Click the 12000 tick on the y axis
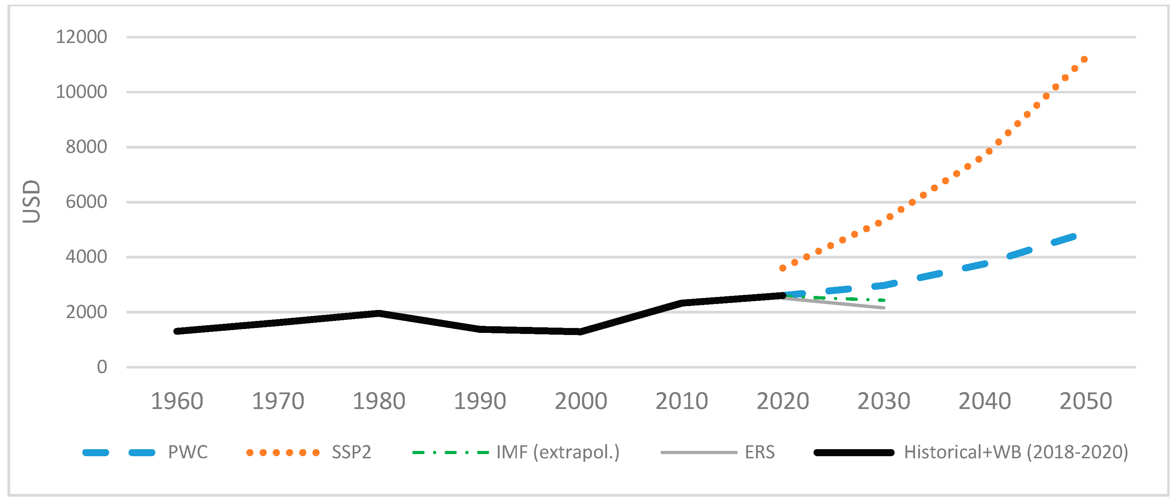(81, 37)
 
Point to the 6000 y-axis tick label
(86, 202)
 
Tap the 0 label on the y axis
(102, 367)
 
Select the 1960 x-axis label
(177, 402)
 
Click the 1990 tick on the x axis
(480, 402)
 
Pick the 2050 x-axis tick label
(1086, 402)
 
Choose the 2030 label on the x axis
(884, 402)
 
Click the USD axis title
(31, 202)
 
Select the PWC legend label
(188, 452)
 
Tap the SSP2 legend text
(351, 452)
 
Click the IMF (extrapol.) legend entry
(558, 452)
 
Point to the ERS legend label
(760, 452)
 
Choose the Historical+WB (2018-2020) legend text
(1016, 452)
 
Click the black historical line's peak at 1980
(379, 313)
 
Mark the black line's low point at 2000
(580, 331)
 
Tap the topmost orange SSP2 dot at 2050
(1084, 59)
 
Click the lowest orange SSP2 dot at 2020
(783, 268)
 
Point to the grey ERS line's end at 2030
(884, 308)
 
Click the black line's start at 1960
(177, 331)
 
